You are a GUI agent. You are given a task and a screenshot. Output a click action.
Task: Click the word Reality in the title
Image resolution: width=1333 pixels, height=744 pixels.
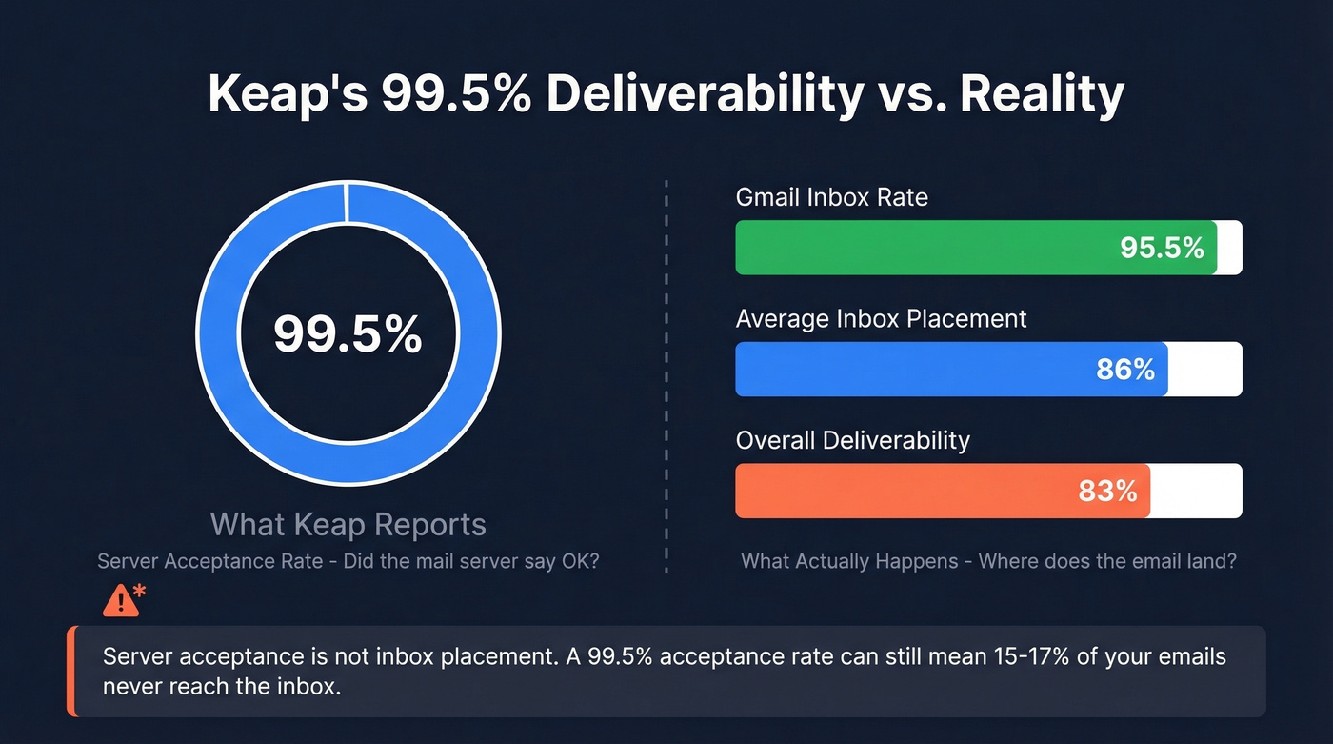1042,94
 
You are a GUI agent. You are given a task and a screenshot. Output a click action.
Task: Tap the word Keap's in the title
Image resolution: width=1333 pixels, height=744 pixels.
285,94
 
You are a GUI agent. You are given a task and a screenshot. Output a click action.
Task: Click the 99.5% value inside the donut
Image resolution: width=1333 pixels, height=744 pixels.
348,333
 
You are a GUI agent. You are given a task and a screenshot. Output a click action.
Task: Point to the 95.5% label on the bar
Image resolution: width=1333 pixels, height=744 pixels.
1162,248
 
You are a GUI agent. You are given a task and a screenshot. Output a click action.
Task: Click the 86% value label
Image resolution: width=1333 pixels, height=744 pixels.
1124,370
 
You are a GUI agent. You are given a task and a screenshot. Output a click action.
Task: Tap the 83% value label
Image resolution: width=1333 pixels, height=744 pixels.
1107,491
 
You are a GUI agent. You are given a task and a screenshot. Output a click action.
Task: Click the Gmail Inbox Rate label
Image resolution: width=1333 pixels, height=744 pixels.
831,197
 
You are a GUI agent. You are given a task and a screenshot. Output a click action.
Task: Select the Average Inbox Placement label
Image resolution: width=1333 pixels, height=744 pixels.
881,318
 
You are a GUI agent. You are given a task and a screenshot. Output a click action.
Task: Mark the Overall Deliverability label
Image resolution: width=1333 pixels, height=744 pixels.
852,440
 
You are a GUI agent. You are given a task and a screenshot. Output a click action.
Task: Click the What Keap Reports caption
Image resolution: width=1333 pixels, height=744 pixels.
348,524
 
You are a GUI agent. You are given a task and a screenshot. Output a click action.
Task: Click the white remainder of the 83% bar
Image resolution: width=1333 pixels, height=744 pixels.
1196,491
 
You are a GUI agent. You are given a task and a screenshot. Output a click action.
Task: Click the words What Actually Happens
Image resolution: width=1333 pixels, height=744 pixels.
849,561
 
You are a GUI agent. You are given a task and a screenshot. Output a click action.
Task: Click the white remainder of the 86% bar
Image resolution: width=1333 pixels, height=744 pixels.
1204,370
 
